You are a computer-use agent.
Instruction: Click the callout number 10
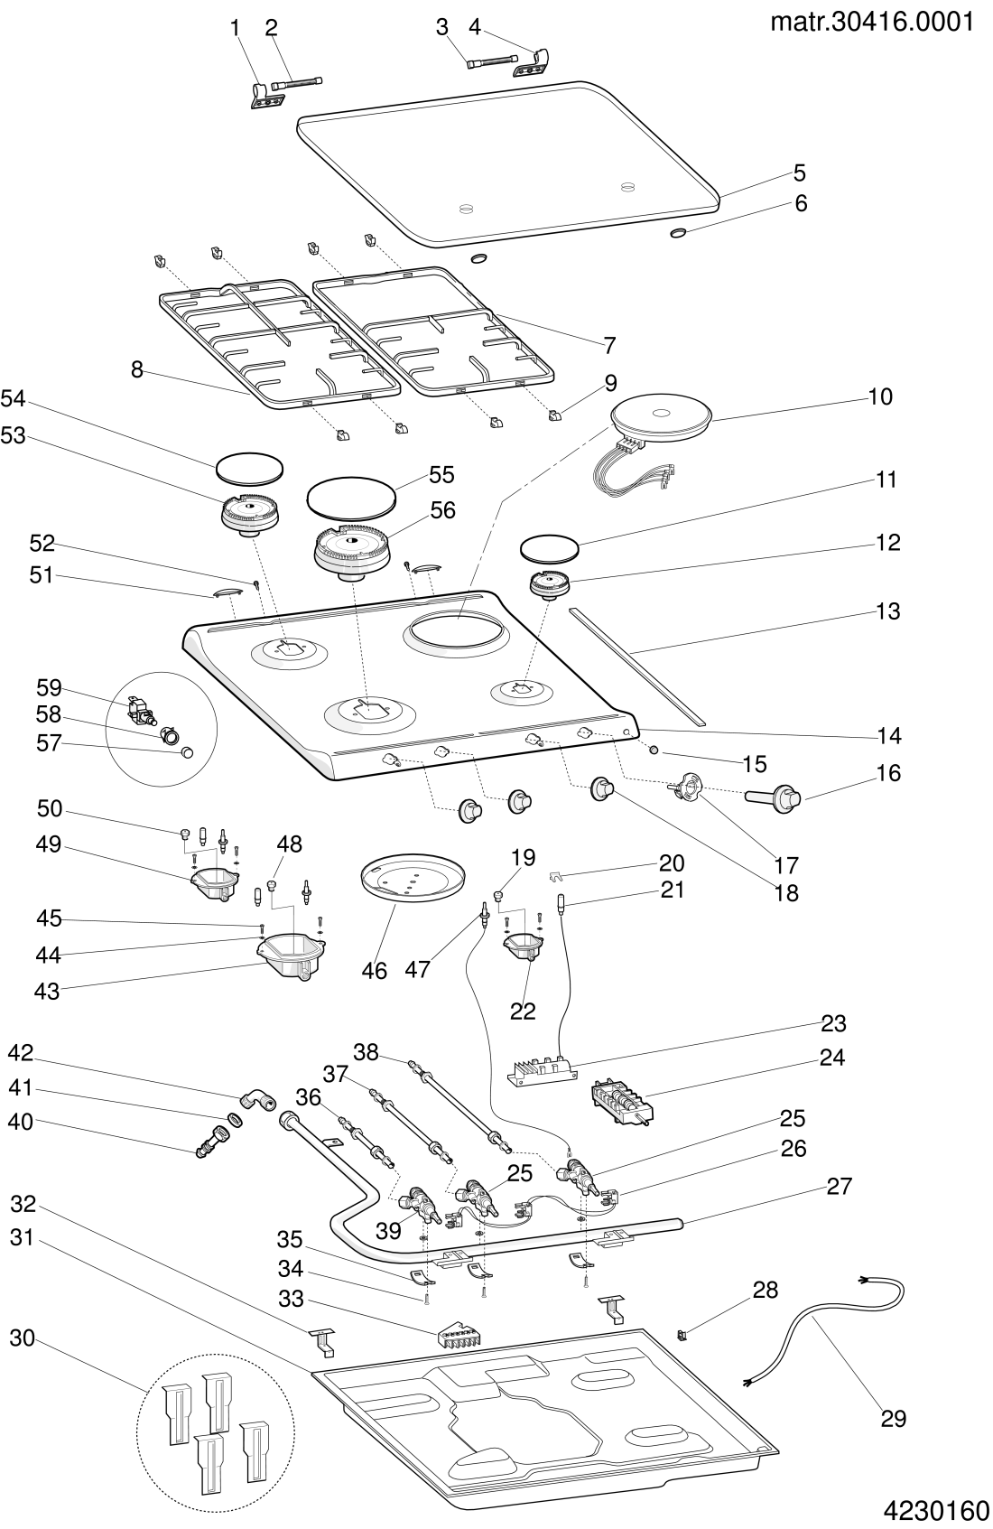point(880,396)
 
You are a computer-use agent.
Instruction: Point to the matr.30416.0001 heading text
point(872,22)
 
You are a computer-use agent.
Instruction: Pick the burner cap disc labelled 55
point(352,497)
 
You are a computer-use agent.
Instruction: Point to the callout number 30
point(22,1338)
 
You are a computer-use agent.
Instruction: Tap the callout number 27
point(840,1186)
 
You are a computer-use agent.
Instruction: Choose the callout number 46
point(374,971)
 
